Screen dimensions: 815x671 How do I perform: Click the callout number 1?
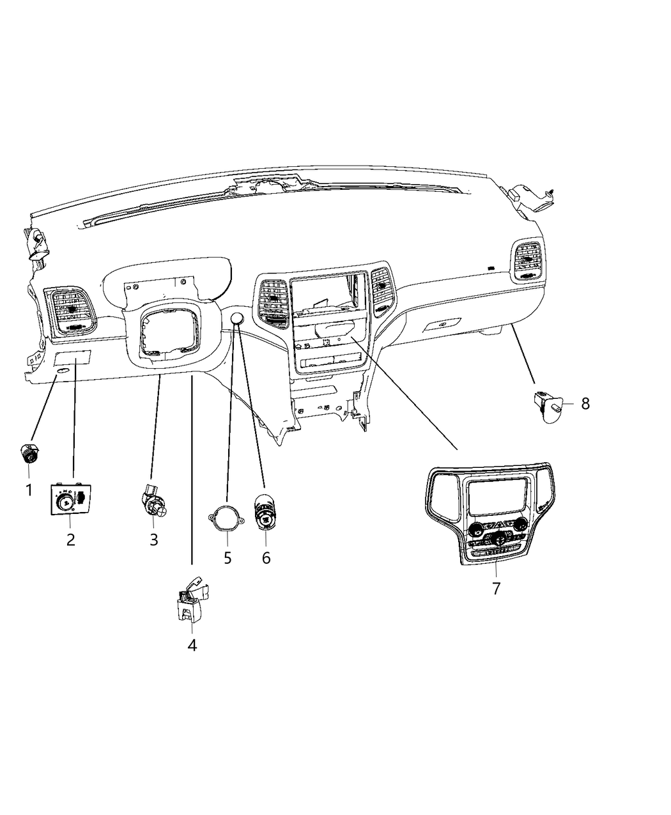[28, 490]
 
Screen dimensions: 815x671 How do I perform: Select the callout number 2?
[70, 539]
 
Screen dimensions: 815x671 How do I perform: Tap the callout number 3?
[153, 539]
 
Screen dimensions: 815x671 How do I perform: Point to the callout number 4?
[192, 646]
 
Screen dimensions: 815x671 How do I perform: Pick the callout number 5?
[228, 557]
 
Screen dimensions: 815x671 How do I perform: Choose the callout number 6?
[266, 557]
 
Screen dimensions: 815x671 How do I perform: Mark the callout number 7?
[497, 589]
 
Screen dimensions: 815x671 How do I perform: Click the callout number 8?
[585, 403]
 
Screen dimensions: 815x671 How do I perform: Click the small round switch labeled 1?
[28, 454]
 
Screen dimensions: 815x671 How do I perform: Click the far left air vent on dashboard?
[69, 309]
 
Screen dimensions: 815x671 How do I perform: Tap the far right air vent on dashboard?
[528, 261]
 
